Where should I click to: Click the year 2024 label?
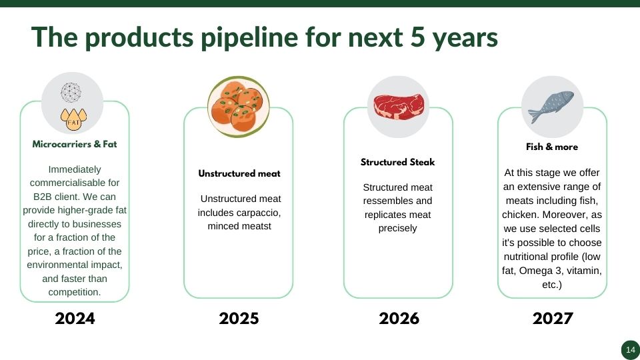75,319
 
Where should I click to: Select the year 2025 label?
239,319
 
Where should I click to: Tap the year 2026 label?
399,319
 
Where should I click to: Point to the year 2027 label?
553,319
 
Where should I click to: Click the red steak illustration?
399,107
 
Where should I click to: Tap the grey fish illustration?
551,107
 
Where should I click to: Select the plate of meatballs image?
239,107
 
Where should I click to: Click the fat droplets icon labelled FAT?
73,119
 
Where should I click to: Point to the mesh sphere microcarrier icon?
71,93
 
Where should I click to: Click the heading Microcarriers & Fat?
74,144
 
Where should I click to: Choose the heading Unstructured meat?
239,173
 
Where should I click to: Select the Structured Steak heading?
397,162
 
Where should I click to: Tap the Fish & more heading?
552,147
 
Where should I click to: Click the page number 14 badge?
630,350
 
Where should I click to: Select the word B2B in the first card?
43,197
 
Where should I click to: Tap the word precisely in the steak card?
397,228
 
